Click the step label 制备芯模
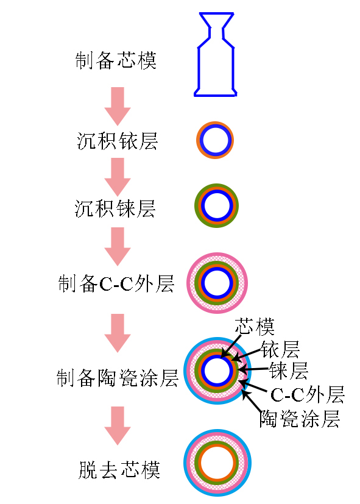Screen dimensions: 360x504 (x=116, y=60)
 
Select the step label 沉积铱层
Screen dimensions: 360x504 (x=117, y=141)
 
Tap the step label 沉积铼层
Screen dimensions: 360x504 (x=115, y=208)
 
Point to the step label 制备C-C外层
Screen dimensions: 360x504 (x=116, y=283)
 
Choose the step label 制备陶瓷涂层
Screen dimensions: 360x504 (x=117, y=378)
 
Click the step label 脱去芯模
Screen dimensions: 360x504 (x=119, y=470)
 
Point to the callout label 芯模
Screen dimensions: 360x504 (x=255, y=327)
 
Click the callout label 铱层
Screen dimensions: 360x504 (x=280, y=349)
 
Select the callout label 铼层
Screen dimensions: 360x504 (x=288, y=371)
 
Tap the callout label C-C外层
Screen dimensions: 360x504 (x=308, y=394)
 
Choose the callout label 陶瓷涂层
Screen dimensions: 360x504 (x=300, y=419)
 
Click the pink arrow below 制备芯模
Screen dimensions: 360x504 (x=118, y=106)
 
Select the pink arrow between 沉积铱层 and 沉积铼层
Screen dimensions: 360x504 (x=118, y=177)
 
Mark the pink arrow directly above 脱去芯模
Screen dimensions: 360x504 (x=118, y=425)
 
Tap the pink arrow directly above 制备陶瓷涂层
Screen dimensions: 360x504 (x=118, y=333)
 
